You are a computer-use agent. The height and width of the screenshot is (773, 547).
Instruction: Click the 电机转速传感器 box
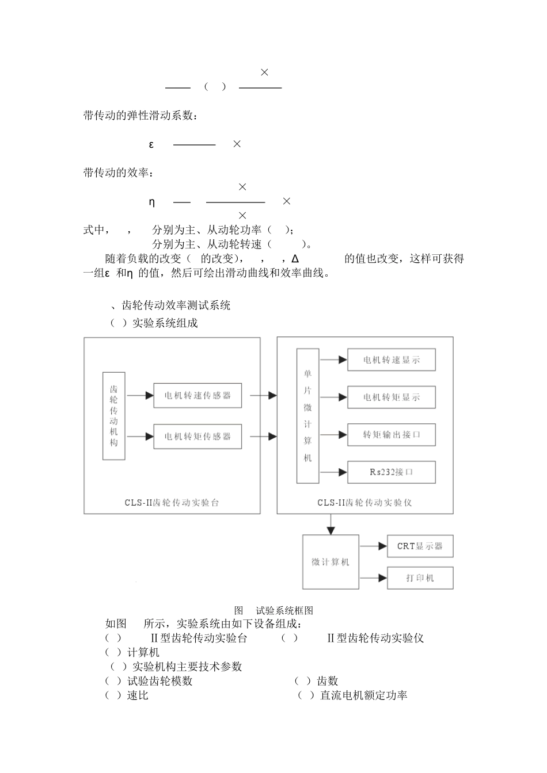pos(197,396)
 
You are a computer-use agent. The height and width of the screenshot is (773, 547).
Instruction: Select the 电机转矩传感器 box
pos(197,437)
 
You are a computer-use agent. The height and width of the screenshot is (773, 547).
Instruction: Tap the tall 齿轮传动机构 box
pos(114,416)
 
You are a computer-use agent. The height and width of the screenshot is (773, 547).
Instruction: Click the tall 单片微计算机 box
pos(308,416)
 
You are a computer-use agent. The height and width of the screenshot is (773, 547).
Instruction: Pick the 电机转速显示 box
pos(392,360)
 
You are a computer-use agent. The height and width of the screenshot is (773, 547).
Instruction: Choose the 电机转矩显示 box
pos(392,397)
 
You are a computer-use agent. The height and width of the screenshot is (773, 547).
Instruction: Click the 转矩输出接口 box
pos(392,435)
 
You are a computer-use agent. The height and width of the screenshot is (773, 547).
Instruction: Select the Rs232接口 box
pos(392,472)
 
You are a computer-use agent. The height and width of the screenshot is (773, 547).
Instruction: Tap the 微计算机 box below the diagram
pos(331,562)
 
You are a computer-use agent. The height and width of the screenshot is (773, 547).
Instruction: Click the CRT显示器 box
pos(420,546)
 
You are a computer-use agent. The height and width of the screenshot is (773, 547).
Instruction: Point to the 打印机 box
pos(420,578)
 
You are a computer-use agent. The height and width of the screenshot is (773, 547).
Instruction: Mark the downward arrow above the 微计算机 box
pos(331,525)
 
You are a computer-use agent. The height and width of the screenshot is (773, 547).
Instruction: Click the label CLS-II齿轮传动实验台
pos(172,503)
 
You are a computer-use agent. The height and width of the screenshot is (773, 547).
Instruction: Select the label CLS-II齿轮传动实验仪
pos(364,503)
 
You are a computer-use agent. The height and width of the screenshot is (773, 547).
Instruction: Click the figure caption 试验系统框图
pos(284,611)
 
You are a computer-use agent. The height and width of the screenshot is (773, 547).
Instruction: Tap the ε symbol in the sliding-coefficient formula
pos(151,144)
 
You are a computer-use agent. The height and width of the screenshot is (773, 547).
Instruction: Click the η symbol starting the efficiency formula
pos(152,202)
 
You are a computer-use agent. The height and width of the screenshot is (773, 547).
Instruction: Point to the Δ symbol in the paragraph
pos(295,259)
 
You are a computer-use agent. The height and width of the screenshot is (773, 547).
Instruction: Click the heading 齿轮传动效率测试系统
pos(176,305)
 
